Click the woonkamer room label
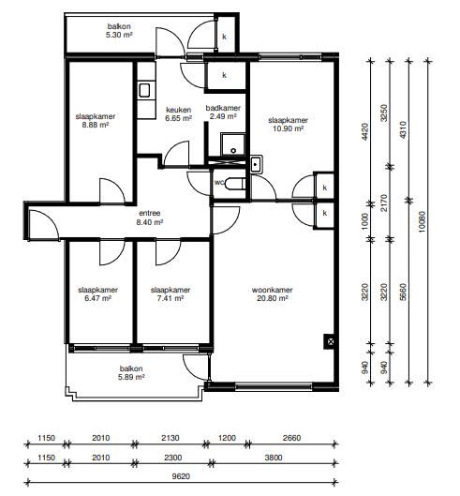(x=273, y=293)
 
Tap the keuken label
(x=179, y=113)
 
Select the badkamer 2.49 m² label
(x=223, y=112)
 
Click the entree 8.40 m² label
(x=150, y=218)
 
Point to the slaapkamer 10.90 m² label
(x=288, y=125)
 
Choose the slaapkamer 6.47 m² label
(x=98, y=293)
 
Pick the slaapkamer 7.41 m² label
(x=171, y=293)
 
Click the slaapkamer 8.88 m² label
(x=96, y=121)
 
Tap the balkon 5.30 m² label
(x=119, y=31)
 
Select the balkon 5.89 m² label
(x=131, y=372)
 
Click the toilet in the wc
(x=235, y=184)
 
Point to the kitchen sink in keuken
(x=144, y=91)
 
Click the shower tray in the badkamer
(x=233, y=144)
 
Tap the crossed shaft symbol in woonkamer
(x=329, y=341)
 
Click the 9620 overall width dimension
(x=181, y=476)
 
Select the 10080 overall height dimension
(x=422, y=221)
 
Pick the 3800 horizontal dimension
(x=274, y=458)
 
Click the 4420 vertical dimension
(x=364, y=132)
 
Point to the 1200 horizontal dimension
(x=227, y=438)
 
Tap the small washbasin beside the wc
(x=256, y=164)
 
